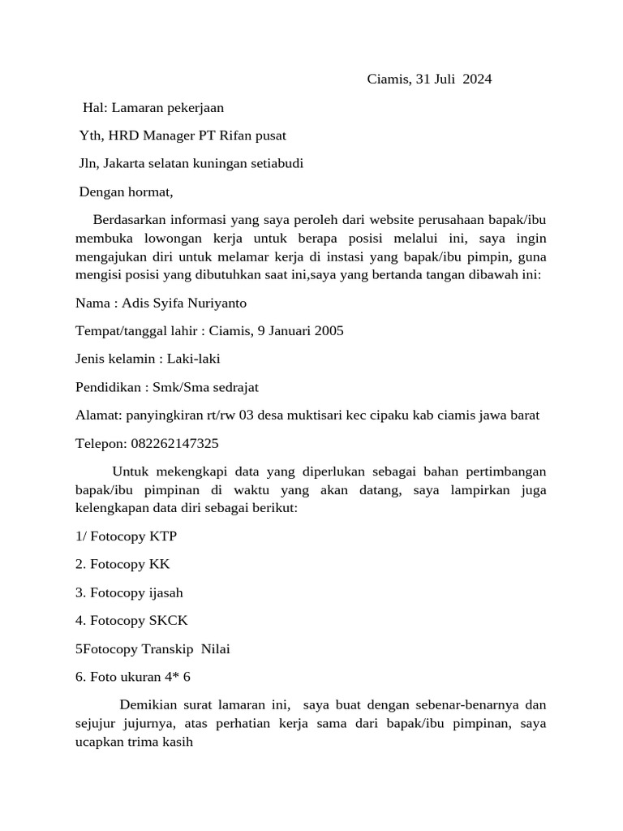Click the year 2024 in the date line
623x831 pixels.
477,79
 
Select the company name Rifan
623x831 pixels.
239,136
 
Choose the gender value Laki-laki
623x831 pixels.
194,359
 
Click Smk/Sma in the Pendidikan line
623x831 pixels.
178,387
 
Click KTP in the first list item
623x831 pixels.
163,536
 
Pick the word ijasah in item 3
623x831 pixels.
166,592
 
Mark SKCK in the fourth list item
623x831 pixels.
169,621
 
